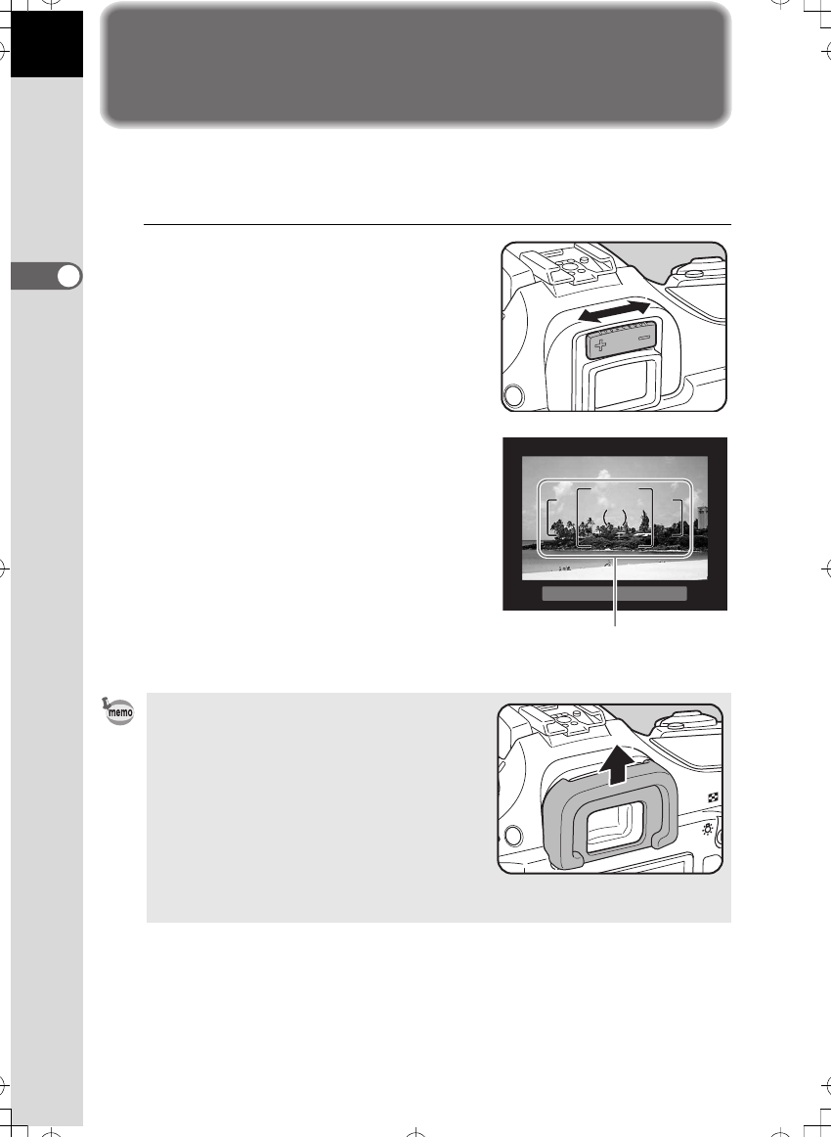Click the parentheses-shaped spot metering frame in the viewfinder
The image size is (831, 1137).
(x=614, y=516)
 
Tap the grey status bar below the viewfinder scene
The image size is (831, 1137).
(x=614, y=593)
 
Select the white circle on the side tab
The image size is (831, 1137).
(x=67, y=277)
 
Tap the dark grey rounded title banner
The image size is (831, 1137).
(x=415, y=65)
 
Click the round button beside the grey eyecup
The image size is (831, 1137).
(x=511, y=836)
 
